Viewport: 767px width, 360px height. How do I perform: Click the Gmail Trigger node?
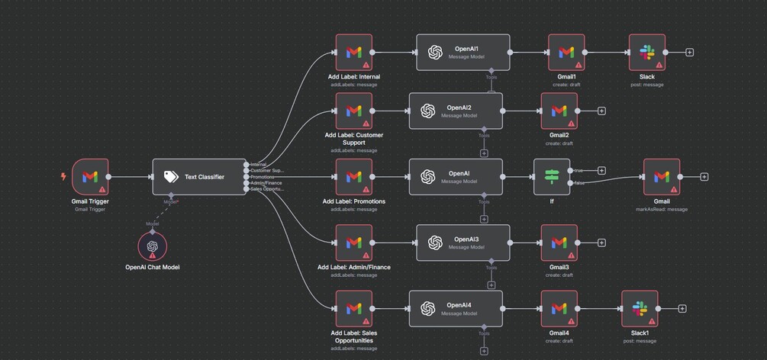(x=90, y=177)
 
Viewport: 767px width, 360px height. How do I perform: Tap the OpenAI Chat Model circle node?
(x=152, y=246)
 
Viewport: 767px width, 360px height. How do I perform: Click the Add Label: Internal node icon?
(x=353, y=53)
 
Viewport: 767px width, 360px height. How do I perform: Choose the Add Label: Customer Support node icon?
(x=353, y=111)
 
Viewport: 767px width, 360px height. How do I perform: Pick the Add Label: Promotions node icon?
(x=353, y=177)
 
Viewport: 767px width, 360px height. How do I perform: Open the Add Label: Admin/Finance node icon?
(x=353, y=243)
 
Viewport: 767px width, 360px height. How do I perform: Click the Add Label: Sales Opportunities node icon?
(x=353, y=308)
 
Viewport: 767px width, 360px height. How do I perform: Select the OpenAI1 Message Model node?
(x=462, y=53)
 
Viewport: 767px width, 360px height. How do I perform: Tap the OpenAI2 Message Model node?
(x=456, y=111)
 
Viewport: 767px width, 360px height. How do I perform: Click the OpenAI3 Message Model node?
(x=462, y=243)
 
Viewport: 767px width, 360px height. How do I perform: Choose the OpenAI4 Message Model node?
(x=456, y=308)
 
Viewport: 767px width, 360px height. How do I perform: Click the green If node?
(x=551, y=177)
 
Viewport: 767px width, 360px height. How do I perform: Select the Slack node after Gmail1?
(x=646, y=53)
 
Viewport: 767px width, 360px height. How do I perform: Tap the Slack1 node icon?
(x=640, y=308)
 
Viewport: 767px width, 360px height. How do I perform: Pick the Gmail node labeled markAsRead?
(x=662, y=177)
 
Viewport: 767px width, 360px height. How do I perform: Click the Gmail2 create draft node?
(x=559, y=111)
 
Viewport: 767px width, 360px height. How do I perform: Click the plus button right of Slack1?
(x=682, y=309)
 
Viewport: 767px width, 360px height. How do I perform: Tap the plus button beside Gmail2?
(x=601, y=111)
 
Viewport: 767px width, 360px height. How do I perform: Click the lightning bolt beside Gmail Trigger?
(x=63, y=177)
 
